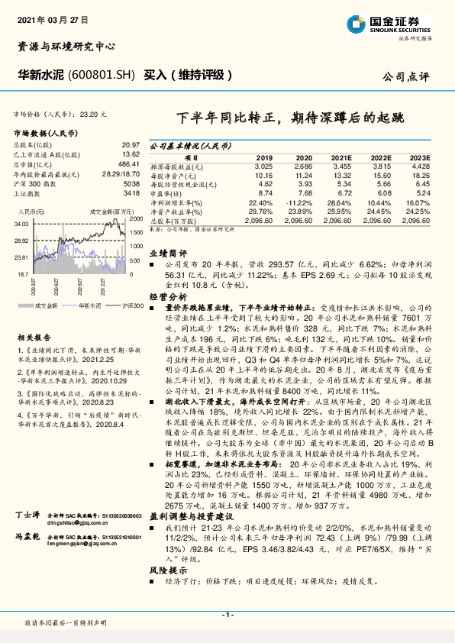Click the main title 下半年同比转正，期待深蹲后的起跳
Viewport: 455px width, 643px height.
[x=289, y=118]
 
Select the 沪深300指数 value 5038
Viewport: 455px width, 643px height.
[x=131, y=184]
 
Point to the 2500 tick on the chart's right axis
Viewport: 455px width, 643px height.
[x=137, y=217]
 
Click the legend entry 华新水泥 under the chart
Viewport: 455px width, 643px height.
[x=90, y=304]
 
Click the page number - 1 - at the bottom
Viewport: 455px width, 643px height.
[x=227, y=615]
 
